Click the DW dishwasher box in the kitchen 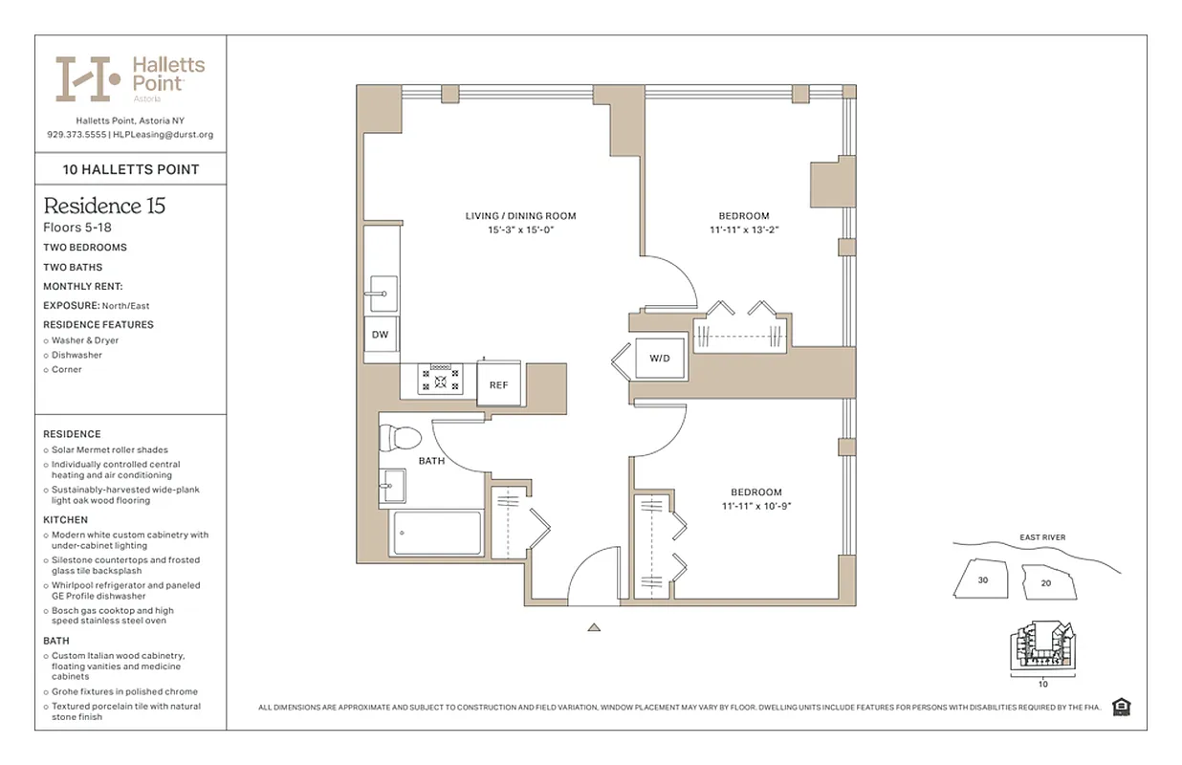pos(380,334)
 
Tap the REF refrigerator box pos(498,384)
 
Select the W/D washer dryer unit pos(660,359)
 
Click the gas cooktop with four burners pos(441,381)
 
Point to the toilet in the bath pos(399,438)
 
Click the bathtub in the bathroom pos(436,534)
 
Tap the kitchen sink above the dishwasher pos(381,291)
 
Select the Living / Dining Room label pos(520,216)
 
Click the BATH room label pos(431,461)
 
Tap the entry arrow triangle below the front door pos(594,627)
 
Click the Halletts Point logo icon pos(88,78)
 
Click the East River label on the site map pos(1041,537)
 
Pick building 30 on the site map pos(982,579)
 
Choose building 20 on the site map pos(1045,582)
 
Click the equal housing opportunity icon pos(1122,707)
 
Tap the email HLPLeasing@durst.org pos(164,135)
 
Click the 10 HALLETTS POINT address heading pos(131,169)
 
